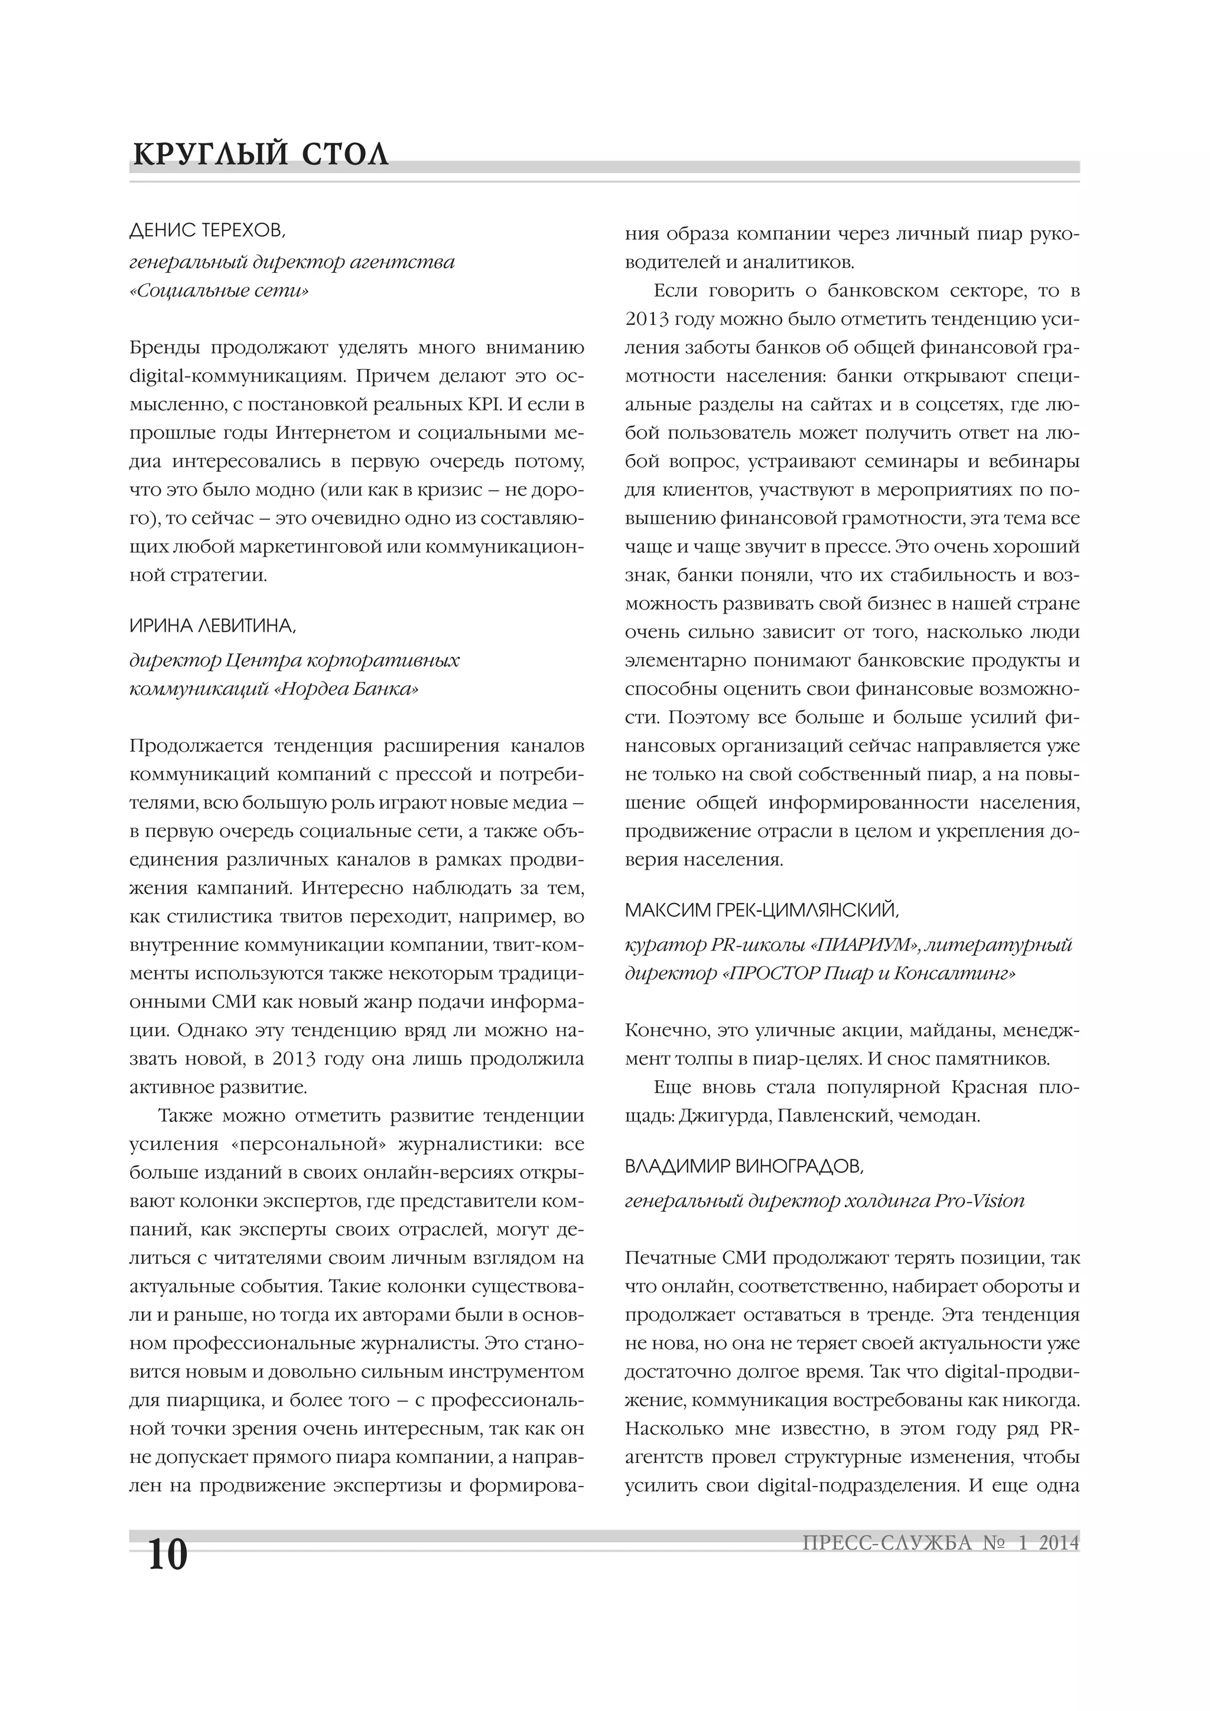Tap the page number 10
[167, 1554]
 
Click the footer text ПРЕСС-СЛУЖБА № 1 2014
[940, 1543]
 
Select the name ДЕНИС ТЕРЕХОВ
[207, 232]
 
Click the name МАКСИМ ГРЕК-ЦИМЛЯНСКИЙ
[761, 910]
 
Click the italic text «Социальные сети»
[219, 291]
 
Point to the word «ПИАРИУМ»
[866, 945]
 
